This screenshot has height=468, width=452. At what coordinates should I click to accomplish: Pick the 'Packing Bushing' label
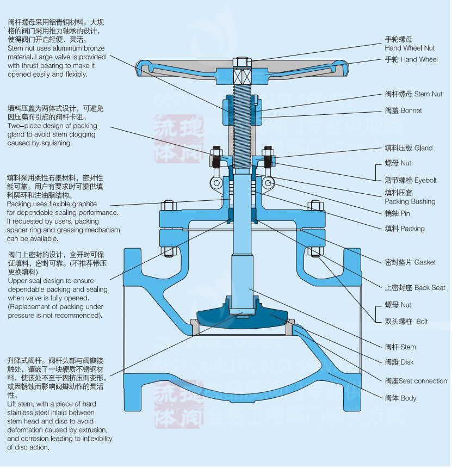tap(410, 201)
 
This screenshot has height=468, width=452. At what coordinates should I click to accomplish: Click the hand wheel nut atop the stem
tap(241, 61)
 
